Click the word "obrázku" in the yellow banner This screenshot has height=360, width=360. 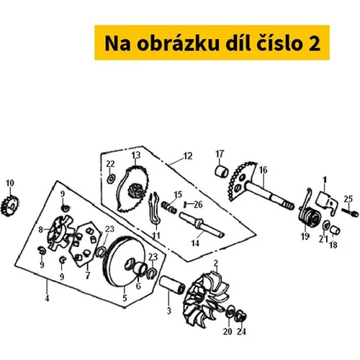pos(179,43)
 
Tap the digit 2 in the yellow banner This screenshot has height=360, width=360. pos(315,44)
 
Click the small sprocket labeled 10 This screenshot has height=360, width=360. pos(9,206)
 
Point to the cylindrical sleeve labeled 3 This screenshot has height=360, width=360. pos(172,285)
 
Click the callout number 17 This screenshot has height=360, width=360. pos(220,154)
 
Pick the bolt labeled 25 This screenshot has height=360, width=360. pos(350,212)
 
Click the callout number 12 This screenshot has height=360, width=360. pos(188,156)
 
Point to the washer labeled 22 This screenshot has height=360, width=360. pos(111,179)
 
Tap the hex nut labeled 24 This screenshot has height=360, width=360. pos(240,316)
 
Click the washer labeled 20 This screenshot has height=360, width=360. pos(230,311)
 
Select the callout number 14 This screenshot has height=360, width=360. pos(195,243)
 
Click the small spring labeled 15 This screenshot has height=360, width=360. pos(169,207)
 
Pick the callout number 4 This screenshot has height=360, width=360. pos(47,298)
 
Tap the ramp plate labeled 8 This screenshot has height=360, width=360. pos(60,232)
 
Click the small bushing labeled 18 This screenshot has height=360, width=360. pos(335,230)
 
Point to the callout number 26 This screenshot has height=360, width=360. pos(198,204)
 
